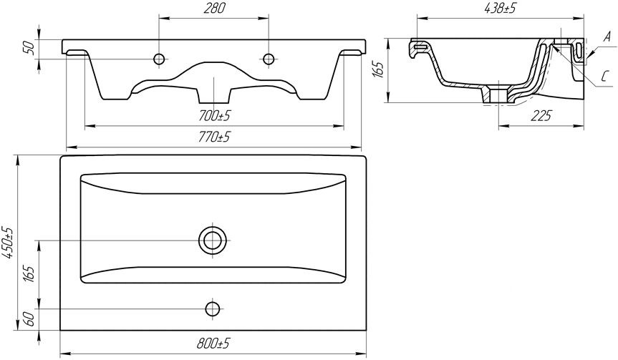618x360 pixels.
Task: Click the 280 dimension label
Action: coord(214,9)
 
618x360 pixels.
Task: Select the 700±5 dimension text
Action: coord(214,116)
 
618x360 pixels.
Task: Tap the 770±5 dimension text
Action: coord(214,137)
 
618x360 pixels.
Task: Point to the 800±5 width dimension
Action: coord(213,344)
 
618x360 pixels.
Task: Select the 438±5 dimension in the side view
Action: coord(500,9)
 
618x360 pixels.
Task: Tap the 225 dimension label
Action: coord(541,116)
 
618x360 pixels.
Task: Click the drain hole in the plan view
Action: coord(213,240)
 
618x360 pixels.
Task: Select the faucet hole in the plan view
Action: coord(213,308)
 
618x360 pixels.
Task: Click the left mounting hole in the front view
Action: coord(159,59)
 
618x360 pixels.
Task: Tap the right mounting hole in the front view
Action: coord(269,59)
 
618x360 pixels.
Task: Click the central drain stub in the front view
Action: coord(213,94)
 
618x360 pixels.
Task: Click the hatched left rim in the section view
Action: coord(420,47)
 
